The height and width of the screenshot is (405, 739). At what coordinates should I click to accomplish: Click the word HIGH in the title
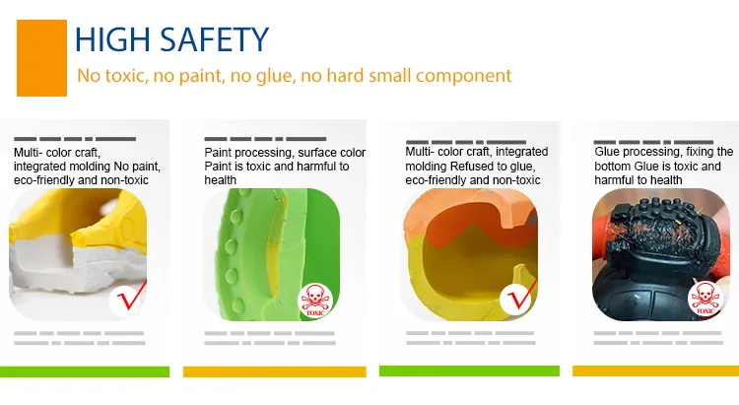pyautogui.click(x=113, y=39)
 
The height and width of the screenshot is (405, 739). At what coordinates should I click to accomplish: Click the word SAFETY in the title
pyautogui.click(x=215, y=39)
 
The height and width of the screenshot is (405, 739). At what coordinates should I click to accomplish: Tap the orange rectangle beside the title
pyautogui.click(x=41, y=58)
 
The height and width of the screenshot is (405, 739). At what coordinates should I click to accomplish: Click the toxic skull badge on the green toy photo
pyautogui.click(x=315, y=301)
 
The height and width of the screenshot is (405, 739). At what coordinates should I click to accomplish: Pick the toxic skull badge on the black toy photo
pyautogui.click(x=705, y=299)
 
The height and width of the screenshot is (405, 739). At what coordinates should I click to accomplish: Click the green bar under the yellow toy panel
pyautogui.click(x=85, y=371)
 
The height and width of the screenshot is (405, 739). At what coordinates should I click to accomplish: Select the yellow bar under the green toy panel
pyautogui.click(x=274, y=371)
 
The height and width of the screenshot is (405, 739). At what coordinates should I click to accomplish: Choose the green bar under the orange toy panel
pyautogui.click(x=469, y=371)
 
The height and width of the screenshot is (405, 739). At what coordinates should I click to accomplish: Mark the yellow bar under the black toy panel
pyautogui.click(x=655, y=371)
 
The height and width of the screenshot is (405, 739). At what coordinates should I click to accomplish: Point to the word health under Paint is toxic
pyautogui.click(x=220, y=180)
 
